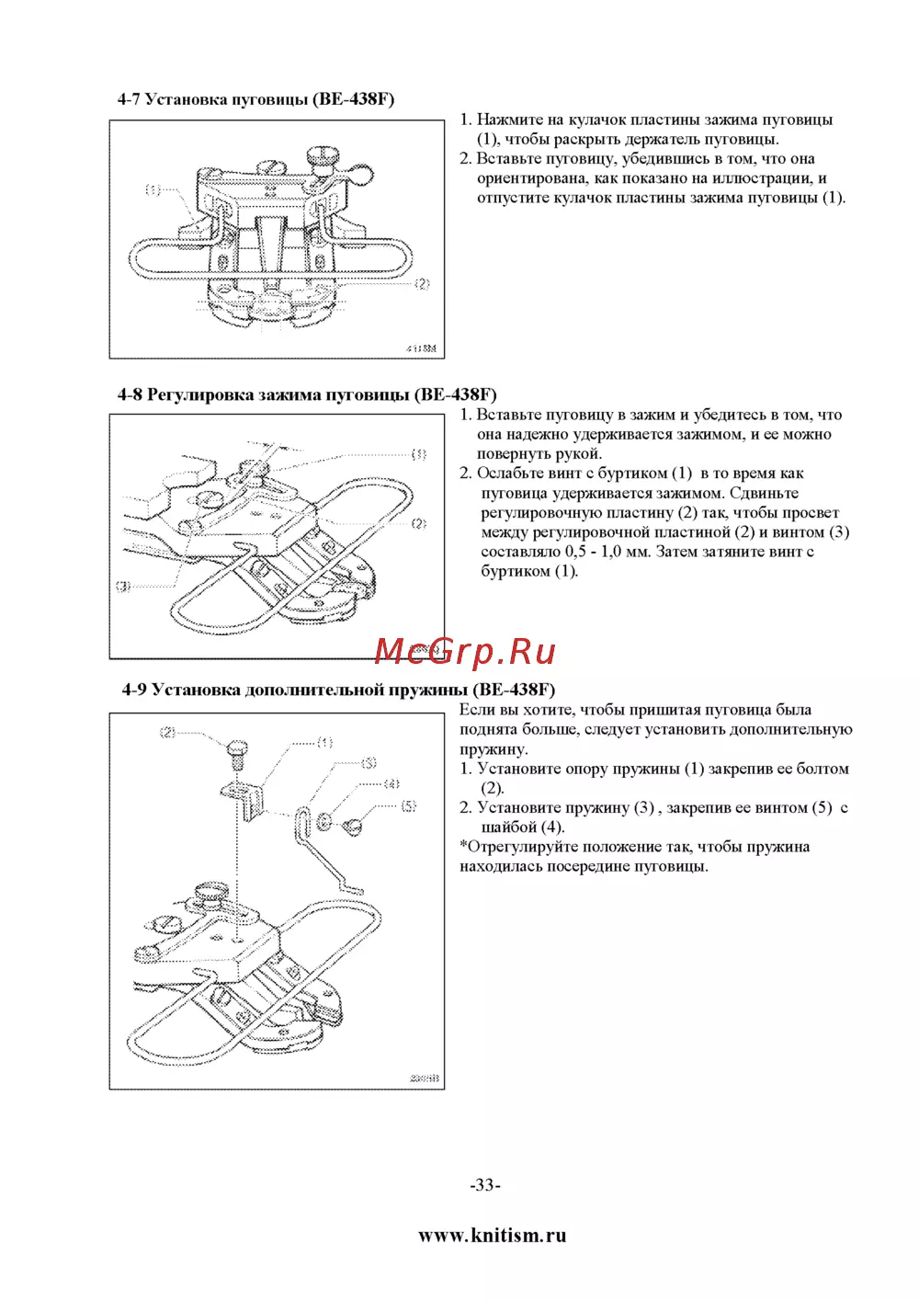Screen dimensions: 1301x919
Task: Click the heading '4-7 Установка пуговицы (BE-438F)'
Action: [255, 99]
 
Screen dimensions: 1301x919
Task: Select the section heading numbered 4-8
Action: [307, 394]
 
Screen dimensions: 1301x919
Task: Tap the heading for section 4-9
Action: [338, 690]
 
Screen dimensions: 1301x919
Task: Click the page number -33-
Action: [485, 1184]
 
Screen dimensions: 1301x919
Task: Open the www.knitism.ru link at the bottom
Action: [493, 1235]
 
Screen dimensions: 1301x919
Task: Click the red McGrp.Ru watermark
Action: [465, 651]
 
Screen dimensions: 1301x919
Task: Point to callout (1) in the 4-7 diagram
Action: [153, 190]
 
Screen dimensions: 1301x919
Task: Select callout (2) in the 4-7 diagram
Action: [422, 283]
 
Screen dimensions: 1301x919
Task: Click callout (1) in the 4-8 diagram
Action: [419, 453]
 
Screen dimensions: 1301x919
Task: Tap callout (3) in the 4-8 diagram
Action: [123, 586]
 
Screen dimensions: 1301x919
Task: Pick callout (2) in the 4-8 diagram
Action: [419, 523]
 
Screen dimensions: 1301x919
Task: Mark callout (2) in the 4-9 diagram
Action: [167, 733]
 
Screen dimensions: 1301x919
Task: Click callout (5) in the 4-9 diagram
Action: [409, 805]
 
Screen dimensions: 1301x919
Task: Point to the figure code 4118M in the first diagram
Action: [421, 348]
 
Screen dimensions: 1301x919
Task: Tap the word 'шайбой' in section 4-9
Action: [508, 827]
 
